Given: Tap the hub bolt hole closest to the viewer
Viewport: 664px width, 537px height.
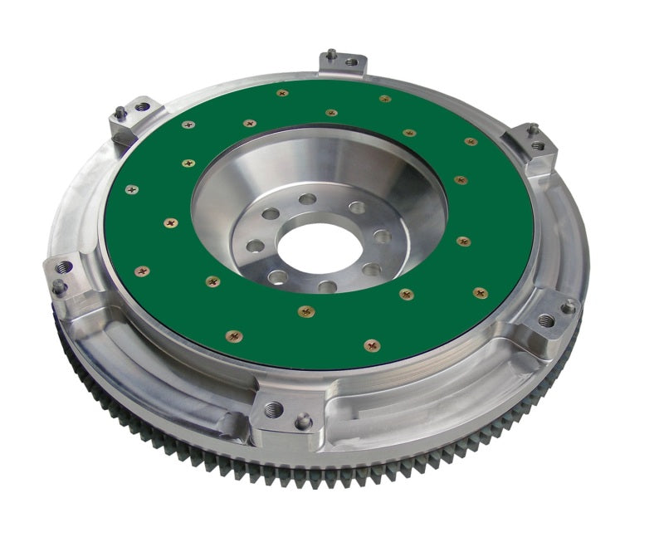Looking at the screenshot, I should tap(327, 286).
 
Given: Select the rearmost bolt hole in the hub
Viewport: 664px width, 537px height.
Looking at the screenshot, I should tap(309, 199).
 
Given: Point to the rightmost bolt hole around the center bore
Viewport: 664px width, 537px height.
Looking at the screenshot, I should tap(382, 237).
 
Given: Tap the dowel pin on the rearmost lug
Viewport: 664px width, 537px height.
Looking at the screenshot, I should tap(330, 55).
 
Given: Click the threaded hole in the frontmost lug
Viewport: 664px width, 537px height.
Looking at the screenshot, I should tap(273, 408).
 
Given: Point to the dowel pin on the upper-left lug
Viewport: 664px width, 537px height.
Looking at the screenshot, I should tap(121, 111).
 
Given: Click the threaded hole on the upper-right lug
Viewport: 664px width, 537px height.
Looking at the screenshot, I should tap(538, 145).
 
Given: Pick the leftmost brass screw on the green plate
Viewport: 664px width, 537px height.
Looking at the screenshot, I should tap(131, 189).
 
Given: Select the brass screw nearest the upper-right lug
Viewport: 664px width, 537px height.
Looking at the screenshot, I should tap(471, 142).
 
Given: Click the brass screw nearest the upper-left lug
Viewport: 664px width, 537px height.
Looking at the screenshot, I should tap(188, 125).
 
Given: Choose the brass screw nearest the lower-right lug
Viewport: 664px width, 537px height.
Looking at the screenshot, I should tap(480, 292).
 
